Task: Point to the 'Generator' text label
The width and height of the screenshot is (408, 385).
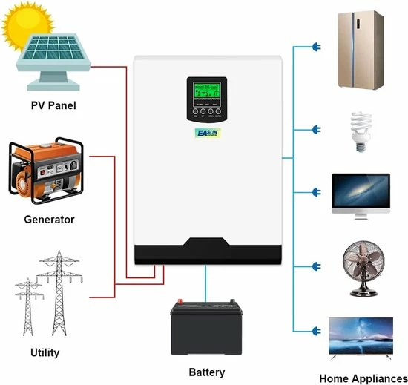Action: coord(49,220)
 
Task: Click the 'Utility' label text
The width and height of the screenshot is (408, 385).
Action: coord(45,352)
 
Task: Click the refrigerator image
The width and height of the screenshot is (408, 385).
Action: coord(359,49)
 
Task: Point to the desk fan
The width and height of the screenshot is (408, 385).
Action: coord(360,266)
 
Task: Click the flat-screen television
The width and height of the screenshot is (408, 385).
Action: coord(361,338)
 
